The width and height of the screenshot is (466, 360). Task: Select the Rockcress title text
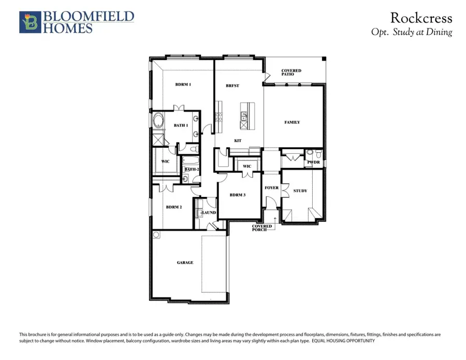point(421,18)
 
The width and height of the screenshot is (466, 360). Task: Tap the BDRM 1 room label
point(183,84)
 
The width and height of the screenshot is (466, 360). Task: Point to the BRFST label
point(232,86)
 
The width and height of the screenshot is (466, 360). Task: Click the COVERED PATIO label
point(291,73)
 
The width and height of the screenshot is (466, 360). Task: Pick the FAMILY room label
point(292,122)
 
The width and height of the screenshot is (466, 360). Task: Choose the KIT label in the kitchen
point(238,141)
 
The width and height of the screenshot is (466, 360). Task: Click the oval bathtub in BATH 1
point(157,122)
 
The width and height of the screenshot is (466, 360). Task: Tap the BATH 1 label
point(181,125)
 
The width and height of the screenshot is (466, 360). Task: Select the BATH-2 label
point(192,169)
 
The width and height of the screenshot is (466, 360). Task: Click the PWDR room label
point(314,162)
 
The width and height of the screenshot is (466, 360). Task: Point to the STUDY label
point(300,191)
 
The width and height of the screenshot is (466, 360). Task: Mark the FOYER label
point(271,188)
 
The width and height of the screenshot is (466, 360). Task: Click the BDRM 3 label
point(238,195)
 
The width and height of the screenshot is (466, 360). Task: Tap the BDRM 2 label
point(173,207)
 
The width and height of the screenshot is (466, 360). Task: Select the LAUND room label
point(209,212)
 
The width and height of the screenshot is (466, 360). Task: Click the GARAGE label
point(185,263)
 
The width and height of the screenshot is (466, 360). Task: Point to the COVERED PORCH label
point(262,228)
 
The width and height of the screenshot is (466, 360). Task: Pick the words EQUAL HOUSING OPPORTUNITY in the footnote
point(343,341)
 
